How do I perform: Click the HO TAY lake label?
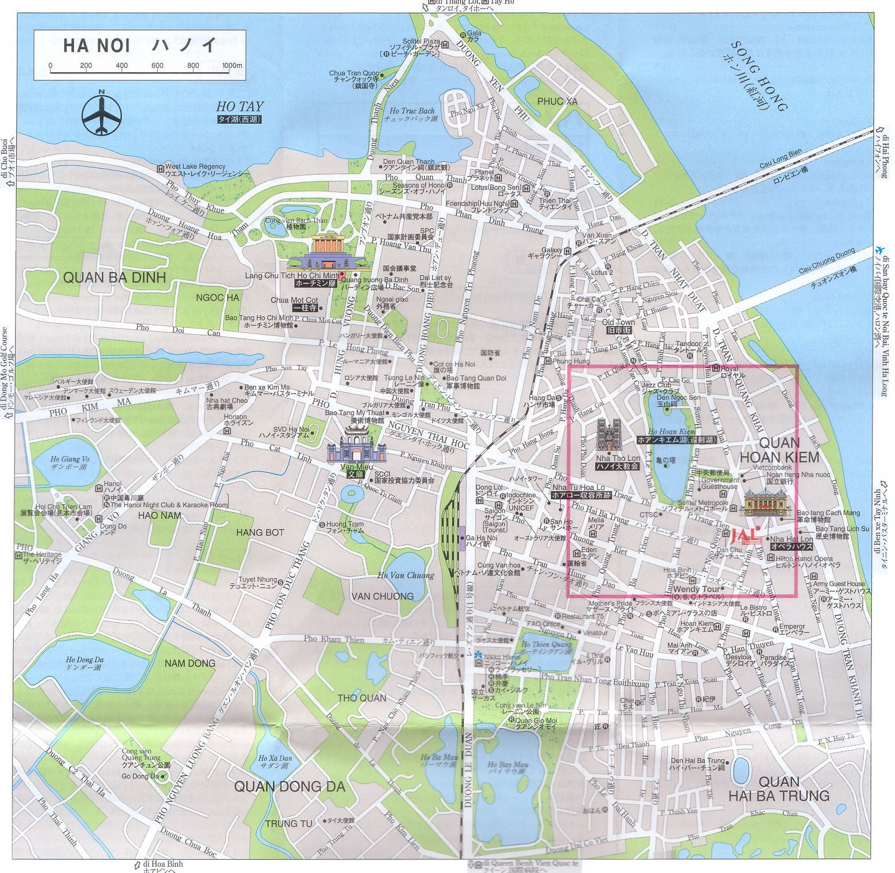point(239,106)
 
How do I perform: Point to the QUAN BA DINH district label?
point(114,278)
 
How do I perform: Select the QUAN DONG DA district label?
point(289,786)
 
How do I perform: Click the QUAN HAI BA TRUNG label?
point(778,789)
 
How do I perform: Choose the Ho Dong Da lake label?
point(84,660)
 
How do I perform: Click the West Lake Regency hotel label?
point(195,167)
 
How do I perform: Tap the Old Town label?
point(618,322)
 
